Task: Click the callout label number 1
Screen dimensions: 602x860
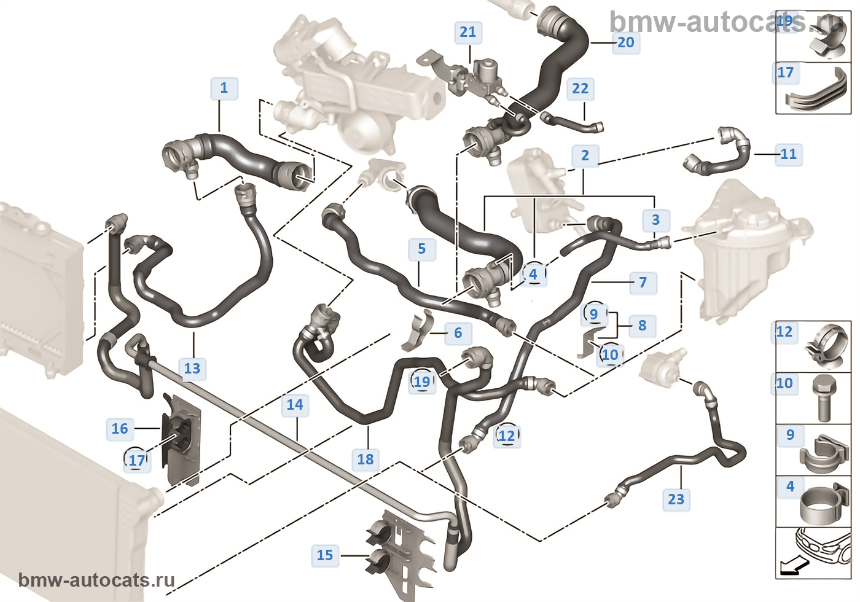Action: (x=224, y=88)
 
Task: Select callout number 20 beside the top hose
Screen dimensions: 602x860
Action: (x=625, y=42)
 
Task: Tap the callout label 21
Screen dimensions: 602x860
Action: (x=467, y=32)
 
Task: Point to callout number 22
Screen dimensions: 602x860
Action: (x=580, y=89)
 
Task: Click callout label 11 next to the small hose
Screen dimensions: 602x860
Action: (x=788, y=154)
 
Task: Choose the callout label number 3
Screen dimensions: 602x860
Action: (x=655, y=220)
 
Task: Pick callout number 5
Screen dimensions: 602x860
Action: (x=421, y=249)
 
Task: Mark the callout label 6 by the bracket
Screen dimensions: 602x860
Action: (x=458, y=333)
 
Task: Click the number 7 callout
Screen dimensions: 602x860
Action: (x=643, y=283)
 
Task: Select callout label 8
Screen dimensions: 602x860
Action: (x=642, y=326)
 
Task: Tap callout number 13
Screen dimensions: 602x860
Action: (x=192, y=369)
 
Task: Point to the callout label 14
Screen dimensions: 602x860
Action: (x=295, y=405)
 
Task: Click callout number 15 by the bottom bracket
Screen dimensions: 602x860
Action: (x=324, y=555)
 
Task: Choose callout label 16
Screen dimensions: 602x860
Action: (x=120, y=429)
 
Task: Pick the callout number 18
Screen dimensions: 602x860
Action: (x=365, y=459)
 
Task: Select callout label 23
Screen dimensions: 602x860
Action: (x=676, y=499)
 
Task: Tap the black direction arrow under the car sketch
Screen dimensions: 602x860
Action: (x=791, y=568)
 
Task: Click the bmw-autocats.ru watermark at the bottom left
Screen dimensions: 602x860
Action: (x=96, y=580)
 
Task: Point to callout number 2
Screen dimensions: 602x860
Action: (x=585, y=156)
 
